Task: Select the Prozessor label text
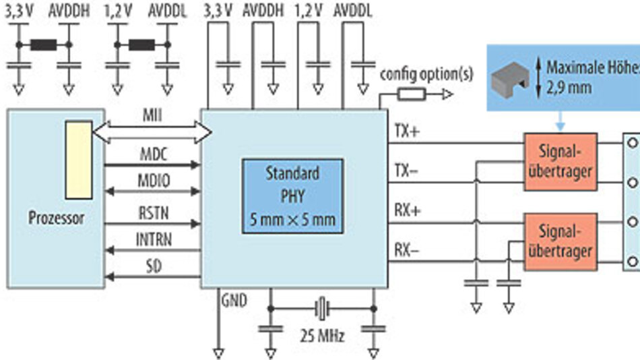[x=56, y=218]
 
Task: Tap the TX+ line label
[x=407, y=133]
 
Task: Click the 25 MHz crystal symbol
[x=321, y=309]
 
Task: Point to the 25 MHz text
[x=321, y=336]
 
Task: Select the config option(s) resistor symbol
[x=411, y=95]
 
